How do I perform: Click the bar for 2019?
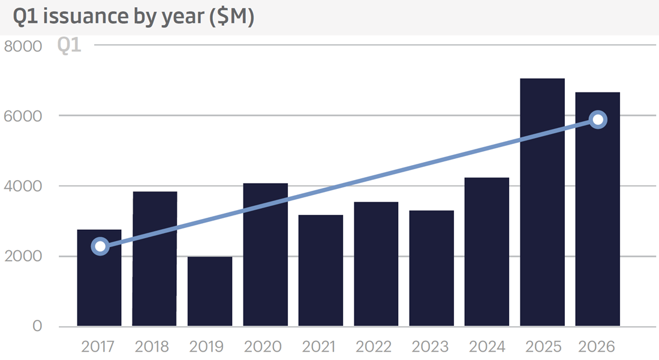(210, 291)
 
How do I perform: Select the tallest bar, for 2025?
(542, 202)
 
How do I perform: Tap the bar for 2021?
(321, 271)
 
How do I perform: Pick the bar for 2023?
(431, 268)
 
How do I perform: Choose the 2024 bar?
(487, 252)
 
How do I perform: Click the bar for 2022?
(376, 264)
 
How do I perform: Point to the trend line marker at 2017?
(101, 246)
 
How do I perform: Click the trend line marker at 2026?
(598, 119)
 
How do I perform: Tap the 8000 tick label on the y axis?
(23, 46)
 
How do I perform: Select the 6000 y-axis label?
(23, 116)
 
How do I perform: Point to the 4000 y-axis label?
(23, 187)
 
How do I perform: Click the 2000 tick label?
(23, 256)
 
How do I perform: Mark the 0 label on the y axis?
(37, 326)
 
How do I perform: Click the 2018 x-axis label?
(152, 347)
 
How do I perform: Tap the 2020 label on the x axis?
(263, 347)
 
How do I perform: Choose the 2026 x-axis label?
(597, 347)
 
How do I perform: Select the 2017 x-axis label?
(98, 347)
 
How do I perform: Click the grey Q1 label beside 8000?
(69, 46)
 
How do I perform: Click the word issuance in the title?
(85, 16)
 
